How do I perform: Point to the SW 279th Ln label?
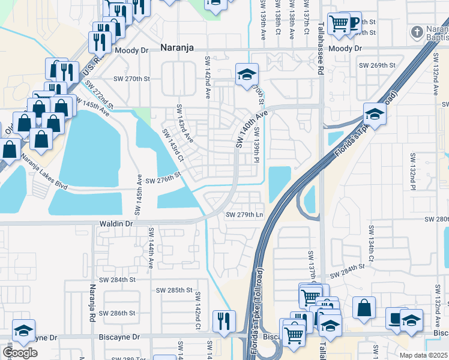pyautogui.click(x=244, y=215)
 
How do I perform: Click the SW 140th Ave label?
pyautogui.click(x=251, y=129)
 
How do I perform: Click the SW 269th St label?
pyautogui.click(x=376, y=65)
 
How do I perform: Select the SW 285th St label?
pyautogui.click(x=169, y=290)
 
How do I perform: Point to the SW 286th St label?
pyautogui.click(x=118, y=313)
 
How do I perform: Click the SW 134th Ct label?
pyautogui.click(x=372, y=244)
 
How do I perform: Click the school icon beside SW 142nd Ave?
pyautogui.click(x=246, y=74)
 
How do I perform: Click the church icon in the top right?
pyautogui.click(x=416, y=31)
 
